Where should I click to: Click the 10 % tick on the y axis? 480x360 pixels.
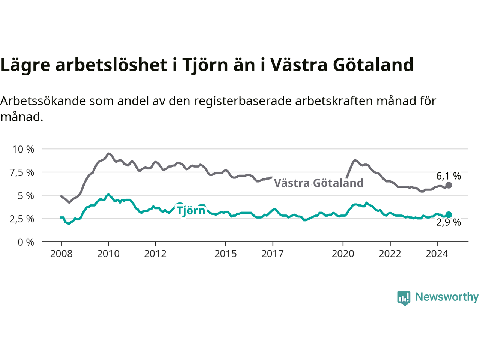click(23, 150)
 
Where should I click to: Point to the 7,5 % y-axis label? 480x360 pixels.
click(22, 173)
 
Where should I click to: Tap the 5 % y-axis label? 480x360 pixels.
click(26, 196)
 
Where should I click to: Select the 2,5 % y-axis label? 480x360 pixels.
click(22, 219)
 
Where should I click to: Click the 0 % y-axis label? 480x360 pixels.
click(26, 242)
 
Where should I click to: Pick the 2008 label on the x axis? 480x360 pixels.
click(61, 254)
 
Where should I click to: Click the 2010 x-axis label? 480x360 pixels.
click(108, 254)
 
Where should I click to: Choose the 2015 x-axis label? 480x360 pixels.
click(226, 254)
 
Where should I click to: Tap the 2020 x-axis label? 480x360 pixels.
click(343, 254)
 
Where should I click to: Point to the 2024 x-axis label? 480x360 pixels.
click(437, 254)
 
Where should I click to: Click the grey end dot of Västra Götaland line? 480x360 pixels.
click(448, 185)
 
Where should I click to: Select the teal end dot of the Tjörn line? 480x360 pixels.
click(448, 214)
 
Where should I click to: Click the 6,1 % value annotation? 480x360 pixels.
click(448, 176)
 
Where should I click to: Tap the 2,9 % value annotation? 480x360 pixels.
click(448, 222)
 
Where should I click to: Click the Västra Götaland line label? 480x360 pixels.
click(319, 183)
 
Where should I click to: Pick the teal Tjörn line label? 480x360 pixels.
click(191, 210)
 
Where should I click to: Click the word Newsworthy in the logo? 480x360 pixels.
click(447, 297)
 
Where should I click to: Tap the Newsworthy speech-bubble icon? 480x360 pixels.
click(403, 298)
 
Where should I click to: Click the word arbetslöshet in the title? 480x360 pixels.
click(111, 65)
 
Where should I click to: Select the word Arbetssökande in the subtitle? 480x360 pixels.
click(43, 101)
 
